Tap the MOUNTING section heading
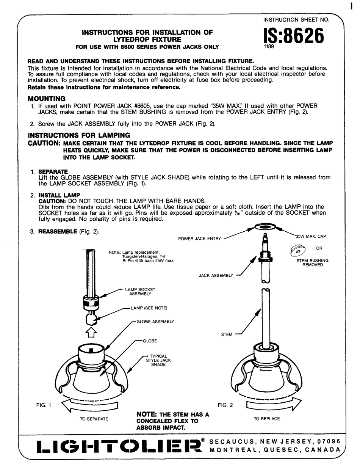point(47,99)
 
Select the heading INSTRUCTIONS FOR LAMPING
point(79,135)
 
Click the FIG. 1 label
point(42,405)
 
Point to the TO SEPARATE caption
point(94,419)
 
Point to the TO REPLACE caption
point(267,419)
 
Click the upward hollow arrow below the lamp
point(91,333)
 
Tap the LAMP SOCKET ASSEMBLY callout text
point(140,291)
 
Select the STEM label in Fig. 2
point(226,334)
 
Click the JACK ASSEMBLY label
point(216,275)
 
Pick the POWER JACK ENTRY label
point(200,239)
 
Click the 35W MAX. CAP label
point(311,236)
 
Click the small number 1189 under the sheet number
point(269,47)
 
